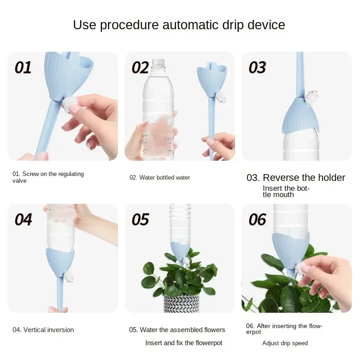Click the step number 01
23,67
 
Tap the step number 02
140,67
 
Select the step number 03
257,67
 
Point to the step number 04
23,220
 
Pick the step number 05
140,220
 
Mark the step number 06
257,220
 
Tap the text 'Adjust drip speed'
285,343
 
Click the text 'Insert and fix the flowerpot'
184,343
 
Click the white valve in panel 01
70,104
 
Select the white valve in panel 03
313,95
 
